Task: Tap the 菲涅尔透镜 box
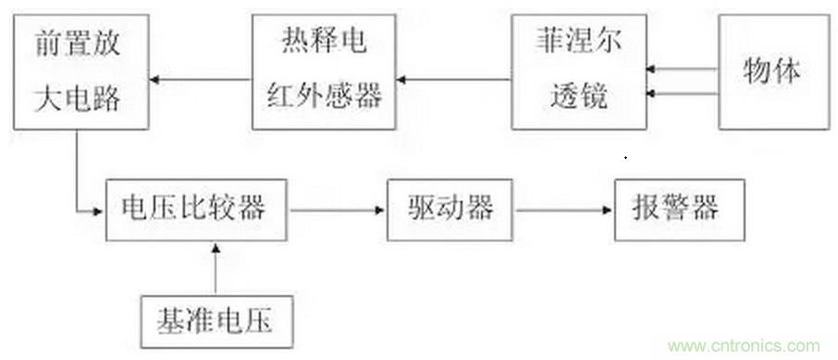(x=578, y=78)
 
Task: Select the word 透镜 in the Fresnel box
(x=578, y=97)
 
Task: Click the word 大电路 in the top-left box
(x=78, y=97)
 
